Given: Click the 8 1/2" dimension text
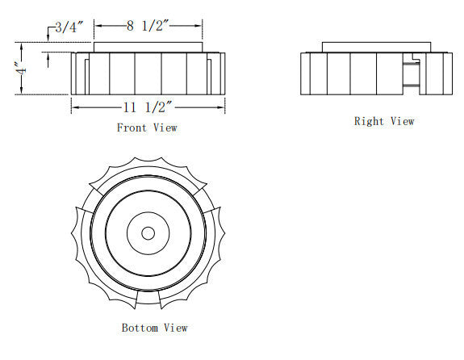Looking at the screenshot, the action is [148, 26].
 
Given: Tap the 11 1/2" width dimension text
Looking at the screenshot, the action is [148, 107].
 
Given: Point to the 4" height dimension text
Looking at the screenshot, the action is [21, 68].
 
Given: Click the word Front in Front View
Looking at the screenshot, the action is [132, 128].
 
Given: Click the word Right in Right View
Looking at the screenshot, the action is [369, 121].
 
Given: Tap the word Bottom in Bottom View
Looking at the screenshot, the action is [140, 328].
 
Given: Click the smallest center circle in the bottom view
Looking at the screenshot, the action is [148, 233].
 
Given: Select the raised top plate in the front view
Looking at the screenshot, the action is [148, 48].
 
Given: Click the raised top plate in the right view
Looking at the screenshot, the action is [376, 48].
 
